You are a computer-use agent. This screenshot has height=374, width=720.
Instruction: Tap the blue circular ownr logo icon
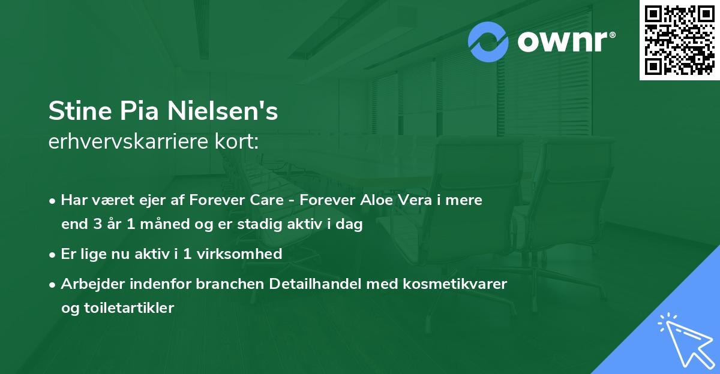click(488, 41)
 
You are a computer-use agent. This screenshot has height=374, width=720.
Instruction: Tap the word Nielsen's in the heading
click(223, 112)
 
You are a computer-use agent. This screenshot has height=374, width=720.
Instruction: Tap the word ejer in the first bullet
click(160, 200)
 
